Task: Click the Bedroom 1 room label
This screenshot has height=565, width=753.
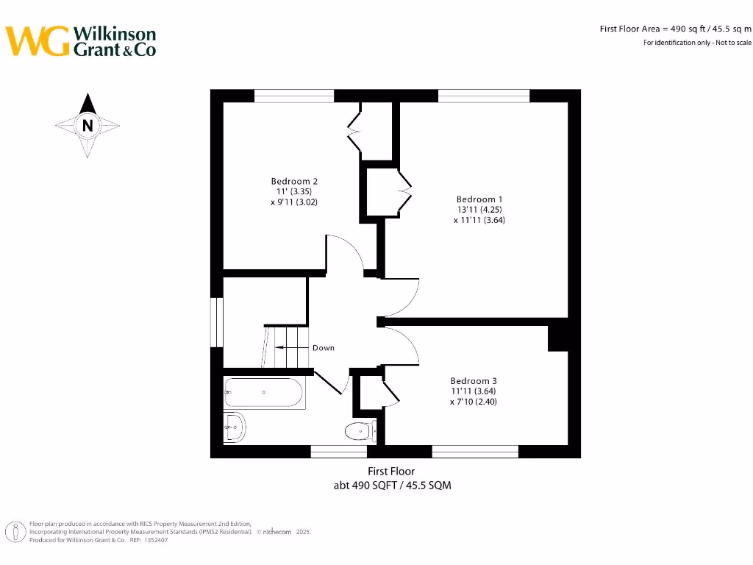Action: [x=479, y=199]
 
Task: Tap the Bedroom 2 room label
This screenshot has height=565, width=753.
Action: [x=294, y=181]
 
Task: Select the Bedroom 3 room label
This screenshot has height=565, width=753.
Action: [x=474, y=380]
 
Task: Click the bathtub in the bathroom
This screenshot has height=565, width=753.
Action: [x=264, y=393]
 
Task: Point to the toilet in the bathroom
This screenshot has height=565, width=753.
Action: [x=360, y=430]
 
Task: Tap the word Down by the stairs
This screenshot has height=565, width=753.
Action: [x=323, y=347]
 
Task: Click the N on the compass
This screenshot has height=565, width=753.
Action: [x=88, y=125]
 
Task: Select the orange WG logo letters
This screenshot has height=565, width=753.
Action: [x=38, y=41]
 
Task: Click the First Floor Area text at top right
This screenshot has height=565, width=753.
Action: [x=675, y=29]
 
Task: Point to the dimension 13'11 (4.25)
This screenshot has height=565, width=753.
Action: [x=479, y=210]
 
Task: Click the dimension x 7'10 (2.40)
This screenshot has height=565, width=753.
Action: [x=474, y=402]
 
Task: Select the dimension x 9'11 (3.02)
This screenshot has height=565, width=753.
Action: [x=294, y=202]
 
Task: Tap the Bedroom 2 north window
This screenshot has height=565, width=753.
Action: [x=293, y=96]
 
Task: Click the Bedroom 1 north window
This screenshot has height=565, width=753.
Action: [x=484, y=96]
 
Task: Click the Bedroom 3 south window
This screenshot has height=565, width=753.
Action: [x=475, y=451]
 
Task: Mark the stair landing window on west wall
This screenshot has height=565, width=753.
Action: [x=216, y=321]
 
